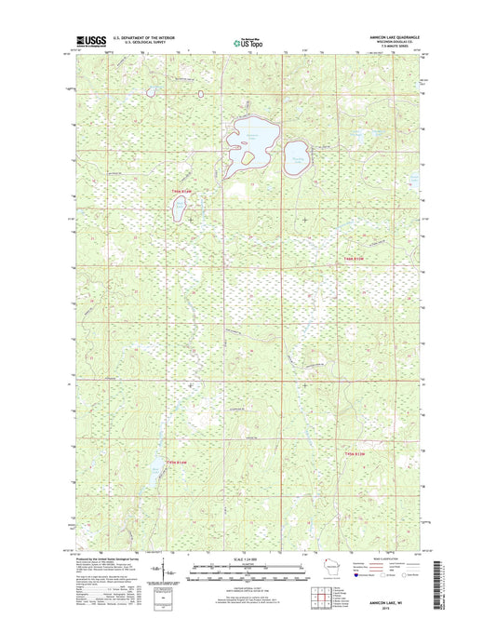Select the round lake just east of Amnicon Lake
coord(300,155)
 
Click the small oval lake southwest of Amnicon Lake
coord(179,208)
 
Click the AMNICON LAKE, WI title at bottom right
coord(391,602)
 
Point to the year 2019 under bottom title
coord(391,609)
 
